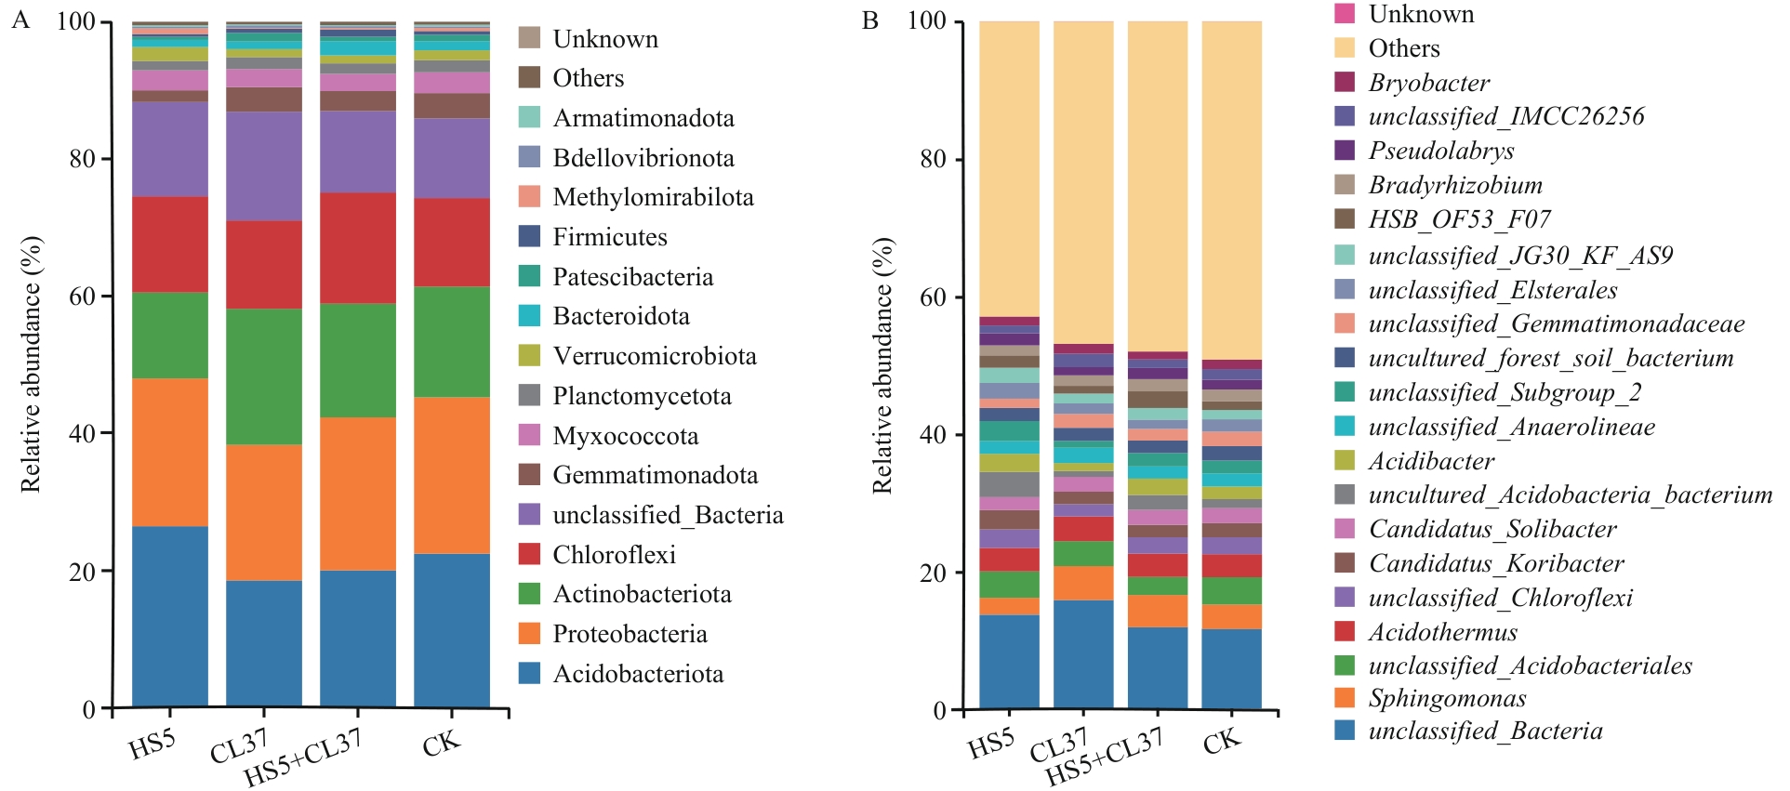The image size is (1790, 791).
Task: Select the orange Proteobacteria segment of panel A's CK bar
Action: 452,475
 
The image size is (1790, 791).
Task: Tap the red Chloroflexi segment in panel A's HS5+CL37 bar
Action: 358,248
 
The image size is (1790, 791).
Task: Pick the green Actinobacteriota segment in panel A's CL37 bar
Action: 264,376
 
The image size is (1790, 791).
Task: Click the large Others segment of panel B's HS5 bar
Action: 1009,168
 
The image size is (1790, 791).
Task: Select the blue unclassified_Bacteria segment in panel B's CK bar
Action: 1231,668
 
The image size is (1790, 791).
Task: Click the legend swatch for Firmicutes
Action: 529,236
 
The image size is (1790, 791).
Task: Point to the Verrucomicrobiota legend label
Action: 655,356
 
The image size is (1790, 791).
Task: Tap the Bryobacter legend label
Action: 1428,83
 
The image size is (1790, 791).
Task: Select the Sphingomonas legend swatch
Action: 1345,697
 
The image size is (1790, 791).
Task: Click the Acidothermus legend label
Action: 1442,632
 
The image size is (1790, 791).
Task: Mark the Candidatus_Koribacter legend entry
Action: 1495,563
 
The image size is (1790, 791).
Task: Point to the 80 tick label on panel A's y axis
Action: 83,159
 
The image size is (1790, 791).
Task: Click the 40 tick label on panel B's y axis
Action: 934,434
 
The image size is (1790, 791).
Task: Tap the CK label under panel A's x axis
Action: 441,744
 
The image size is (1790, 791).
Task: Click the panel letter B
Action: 870,20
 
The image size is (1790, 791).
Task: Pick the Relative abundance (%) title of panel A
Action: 31,363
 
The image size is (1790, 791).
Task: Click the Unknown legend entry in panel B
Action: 1421,14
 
